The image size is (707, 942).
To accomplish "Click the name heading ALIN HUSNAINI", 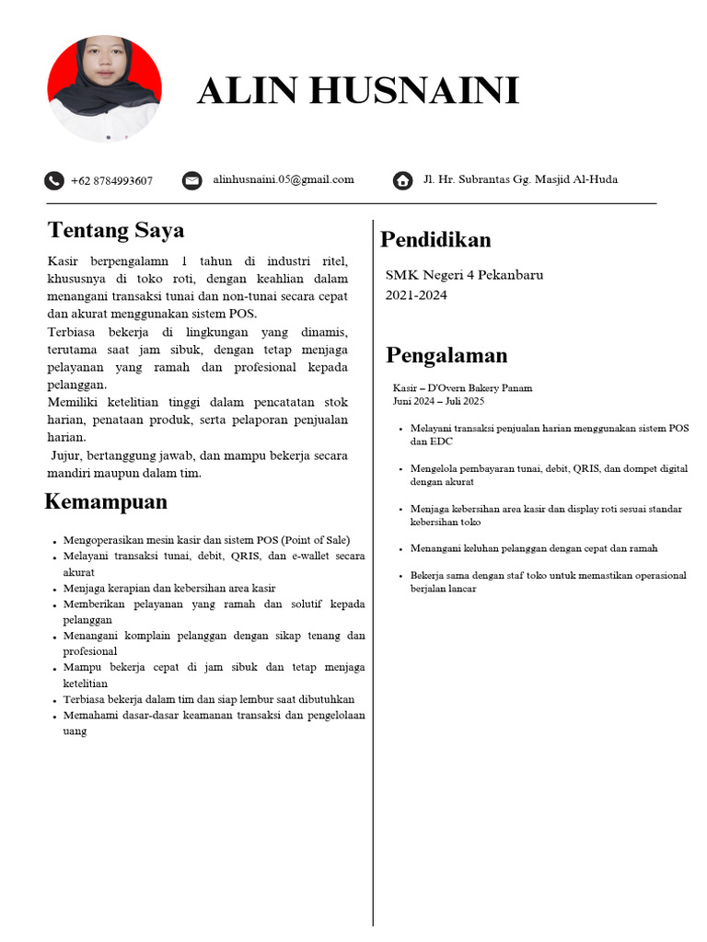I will (358, 91).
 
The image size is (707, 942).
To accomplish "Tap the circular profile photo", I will (104, 89).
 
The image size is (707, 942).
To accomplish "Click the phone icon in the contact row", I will (54, 180).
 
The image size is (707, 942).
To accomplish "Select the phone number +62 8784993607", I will (111, 181).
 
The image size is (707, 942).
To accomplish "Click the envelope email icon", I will (191, 180).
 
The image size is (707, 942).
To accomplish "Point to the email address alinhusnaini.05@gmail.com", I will (284, 179).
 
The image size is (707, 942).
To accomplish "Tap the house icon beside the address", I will (402, 180).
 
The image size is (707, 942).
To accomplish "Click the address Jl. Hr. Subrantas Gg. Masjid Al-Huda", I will (520, 179).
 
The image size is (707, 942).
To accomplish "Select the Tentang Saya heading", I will (116, 230).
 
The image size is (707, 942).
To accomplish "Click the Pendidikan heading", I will (435, 240).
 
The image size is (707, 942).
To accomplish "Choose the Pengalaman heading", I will (446, 355).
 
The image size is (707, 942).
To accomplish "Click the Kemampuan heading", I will (106, 501).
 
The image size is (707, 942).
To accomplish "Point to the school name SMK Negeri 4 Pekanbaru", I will (464, 275).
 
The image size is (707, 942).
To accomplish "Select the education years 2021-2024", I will (416, 295).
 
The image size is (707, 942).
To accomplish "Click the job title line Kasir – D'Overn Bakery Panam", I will (462, 388).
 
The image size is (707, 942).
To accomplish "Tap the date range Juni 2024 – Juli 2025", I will (438, 401).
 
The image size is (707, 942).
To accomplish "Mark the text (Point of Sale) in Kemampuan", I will (315, 540).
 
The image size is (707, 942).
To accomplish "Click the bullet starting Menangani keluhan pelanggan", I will (534, 548).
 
